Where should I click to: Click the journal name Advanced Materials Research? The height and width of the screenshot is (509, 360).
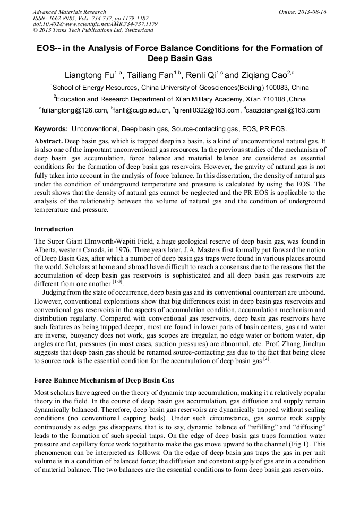pos(69,12)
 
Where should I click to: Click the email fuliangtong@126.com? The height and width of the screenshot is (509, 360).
pos(75,111)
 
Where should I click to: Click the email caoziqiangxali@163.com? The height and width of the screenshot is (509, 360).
pos(284,111)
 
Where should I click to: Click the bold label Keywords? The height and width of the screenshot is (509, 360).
pos(51,129)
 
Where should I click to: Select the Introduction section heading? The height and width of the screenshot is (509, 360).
pos(54,229)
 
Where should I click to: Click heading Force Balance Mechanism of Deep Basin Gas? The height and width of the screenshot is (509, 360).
pos(104,381)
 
